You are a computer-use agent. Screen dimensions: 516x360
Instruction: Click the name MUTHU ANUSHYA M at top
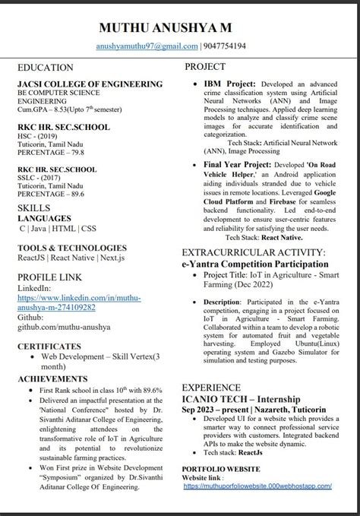click(179, 28)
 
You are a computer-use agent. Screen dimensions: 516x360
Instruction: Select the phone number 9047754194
click(220, 47)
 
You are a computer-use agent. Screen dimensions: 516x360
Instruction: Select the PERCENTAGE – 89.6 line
click(49, 194)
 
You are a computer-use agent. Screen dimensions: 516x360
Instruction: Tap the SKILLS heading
click(34, 207)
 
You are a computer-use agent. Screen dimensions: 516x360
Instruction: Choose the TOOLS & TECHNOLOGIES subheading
click(71, 248)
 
